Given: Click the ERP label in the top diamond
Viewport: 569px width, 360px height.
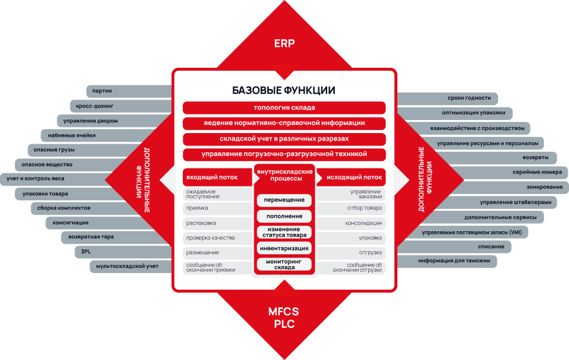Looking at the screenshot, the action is pos(284,44).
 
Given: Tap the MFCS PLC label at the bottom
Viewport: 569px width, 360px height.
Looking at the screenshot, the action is pos(284,318).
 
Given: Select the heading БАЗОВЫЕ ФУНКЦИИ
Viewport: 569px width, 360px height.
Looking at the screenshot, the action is pos(284,90).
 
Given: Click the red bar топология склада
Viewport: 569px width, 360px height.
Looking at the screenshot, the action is pos(284,108).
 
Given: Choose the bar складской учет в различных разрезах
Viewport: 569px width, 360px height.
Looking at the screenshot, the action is pos(284,139).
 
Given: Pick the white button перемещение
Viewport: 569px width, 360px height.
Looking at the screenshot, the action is pos(284,200).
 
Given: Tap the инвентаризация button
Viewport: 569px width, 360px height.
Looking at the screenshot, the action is pos(284,249).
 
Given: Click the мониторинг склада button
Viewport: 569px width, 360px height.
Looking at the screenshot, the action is pos(284,264).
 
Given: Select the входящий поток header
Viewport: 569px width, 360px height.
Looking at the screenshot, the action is pos(217,177).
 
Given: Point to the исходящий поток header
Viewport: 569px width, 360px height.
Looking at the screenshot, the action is pos(351,177).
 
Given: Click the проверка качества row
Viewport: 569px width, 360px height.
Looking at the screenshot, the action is pos(218,238).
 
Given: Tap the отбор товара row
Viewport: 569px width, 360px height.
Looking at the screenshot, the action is pos(351,208).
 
